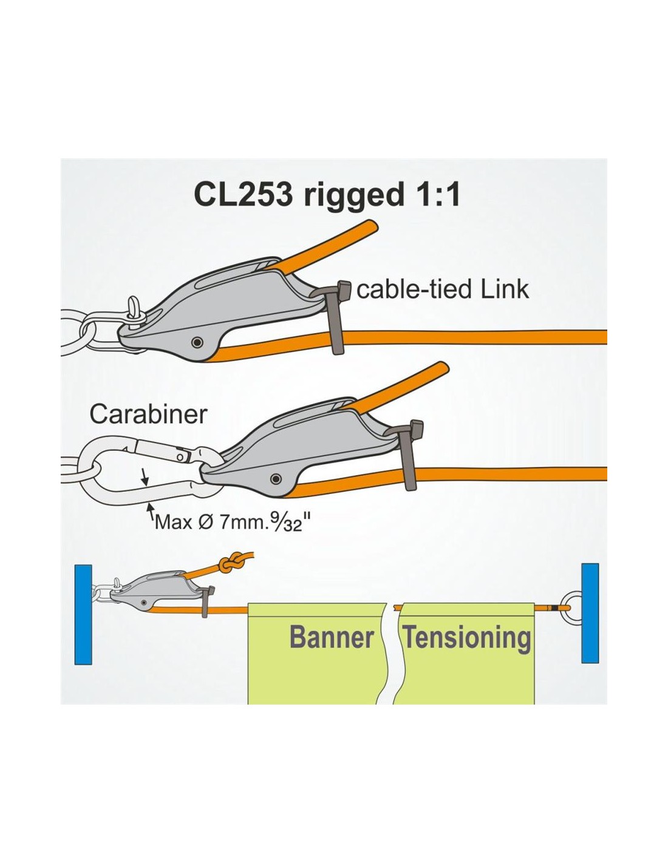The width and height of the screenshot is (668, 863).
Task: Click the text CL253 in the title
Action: (243, 195)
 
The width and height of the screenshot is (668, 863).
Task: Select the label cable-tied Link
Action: (443, 289)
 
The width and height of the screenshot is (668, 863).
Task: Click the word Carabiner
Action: (148, 415)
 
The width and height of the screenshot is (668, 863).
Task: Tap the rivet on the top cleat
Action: (196, 342)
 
